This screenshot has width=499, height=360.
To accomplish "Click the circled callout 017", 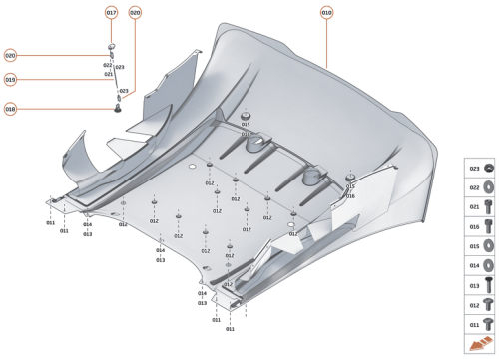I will coord(111,13).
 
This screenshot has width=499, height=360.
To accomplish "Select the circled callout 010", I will coord(327,13).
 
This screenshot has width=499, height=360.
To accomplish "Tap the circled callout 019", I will coord(10,79).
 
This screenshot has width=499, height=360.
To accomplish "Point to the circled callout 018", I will coord(10,109).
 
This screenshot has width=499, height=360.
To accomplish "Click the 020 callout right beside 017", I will coord(135,13).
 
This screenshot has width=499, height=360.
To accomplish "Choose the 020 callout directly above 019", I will coord(10,56).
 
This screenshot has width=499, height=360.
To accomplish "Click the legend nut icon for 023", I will coord(488,171).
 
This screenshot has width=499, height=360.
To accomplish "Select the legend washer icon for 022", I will coord(488,188).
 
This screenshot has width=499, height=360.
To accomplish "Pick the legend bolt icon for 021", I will coord(488,207).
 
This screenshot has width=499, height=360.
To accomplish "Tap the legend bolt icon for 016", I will coord(488,227).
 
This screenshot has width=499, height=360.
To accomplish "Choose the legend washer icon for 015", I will coord(488,246).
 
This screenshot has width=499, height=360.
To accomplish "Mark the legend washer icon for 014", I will coord(488,265).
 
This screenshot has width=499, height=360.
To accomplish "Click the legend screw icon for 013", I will coord(488,285).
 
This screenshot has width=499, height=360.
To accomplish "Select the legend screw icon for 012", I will coord(488,305).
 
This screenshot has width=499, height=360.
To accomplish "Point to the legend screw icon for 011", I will coord(488,324).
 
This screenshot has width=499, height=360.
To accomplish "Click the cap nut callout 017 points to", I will coord(112,47).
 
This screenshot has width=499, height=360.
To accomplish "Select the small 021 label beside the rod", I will coord(108,74).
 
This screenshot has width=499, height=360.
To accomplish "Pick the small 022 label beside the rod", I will coord(107,65).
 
